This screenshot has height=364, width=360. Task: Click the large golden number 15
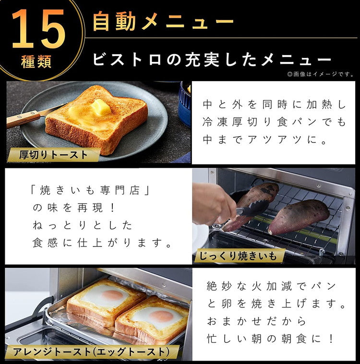[38, 30]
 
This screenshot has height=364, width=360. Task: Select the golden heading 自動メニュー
[163, 22]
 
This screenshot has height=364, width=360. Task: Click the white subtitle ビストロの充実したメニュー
[212, 60]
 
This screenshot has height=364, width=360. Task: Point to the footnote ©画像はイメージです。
[320, 74]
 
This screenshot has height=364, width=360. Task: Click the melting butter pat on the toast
[101, 107]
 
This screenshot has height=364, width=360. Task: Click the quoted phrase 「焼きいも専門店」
[91, 190]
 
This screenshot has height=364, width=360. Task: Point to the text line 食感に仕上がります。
[102, 243]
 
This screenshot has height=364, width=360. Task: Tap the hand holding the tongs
[211, 204]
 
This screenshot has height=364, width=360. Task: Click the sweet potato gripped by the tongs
[252, 201]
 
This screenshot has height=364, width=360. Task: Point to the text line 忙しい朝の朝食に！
[270, 339]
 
